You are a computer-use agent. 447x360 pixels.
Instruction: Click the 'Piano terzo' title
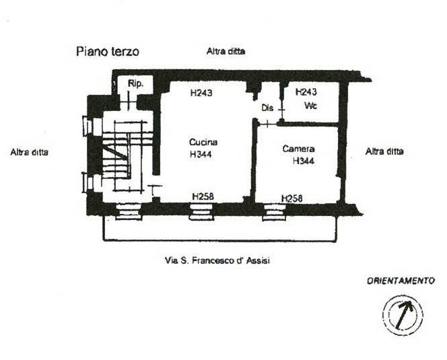coord(108,52)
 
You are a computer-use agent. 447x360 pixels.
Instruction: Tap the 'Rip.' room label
coord(136,83)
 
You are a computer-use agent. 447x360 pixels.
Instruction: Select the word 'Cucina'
coord(203,142)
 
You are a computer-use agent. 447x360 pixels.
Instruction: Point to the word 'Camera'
coord(298,149)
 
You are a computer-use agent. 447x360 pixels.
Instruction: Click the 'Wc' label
coord(311,106)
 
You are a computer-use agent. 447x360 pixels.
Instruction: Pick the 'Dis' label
coord(267,108)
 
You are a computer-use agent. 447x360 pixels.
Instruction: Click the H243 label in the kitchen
coord(201,93)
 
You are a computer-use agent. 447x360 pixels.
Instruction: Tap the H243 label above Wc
coord(306,92)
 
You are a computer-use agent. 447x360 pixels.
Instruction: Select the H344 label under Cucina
coord(201,154)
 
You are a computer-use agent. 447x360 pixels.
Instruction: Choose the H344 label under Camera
coord(304,161)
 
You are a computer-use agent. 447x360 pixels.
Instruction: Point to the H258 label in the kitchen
coord(203,196)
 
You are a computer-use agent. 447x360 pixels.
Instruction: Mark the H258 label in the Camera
coord(292,199)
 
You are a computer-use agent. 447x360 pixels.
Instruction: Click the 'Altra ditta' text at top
coord(226,51)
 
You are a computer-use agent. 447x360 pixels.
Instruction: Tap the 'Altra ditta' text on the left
coord(30,152)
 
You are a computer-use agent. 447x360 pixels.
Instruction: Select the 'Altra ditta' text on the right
coord(384,151)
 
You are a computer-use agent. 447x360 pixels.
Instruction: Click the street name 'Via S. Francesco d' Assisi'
coord(217,260)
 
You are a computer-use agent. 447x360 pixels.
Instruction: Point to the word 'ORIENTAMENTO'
coord(401,281)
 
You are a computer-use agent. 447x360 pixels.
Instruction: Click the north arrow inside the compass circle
coord(403,314)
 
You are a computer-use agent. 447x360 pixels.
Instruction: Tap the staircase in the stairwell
coord(123,155)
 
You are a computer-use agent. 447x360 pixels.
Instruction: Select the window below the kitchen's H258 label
coord(201,212)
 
